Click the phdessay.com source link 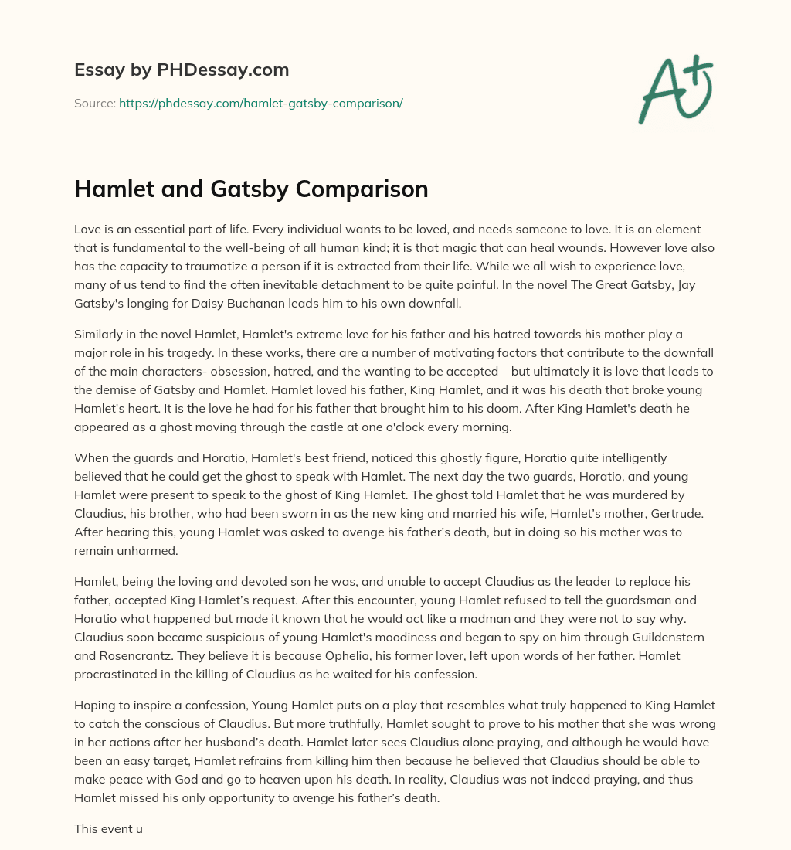[260, 103]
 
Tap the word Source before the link [94, 103]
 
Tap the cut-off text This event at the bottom [108, 828]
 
